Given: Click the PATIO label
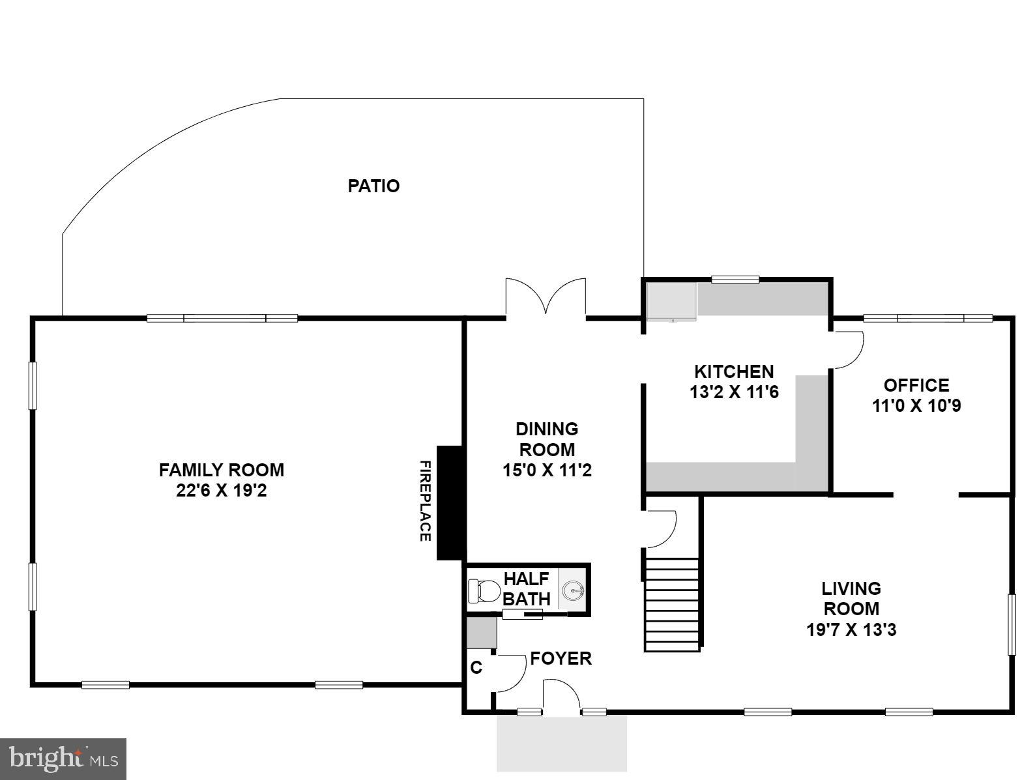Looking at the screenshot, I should pyautogui.click(x=373, y=186).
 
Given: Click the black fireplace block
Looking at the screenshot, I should pyautogui.click(x=450, y=502).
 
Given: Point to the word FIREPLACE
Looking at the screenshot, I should pyautogui.click(x=424, y=501).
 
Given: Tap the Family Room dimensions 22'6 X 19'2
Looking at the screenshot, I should pyautogui.click(x=222, y=491).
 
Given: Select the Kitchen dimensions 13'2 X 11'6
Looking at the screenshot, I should pyautogui.click(x=734, y=392).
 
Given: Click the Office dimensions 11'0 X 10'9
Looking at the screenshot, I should pyautogui.click(x=916, y=406).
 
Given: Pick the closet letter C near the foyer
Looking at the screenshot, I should pyautogui.click(x=476, y=668).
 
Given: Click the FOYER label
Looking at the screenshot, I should pyautogui.click(x=561, y=659).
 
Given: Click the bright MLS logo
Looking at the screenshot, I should pyautogui.click(x=63, y=759).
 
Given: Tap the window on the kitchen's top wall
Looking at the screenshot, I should pyautogui.click(x=735, y=280).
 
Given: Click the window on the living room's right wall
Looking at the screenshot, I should pyautogui.click(x=1012, y=624).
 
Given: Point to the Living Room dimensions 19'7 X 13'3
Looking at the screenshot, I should pyautogui.click(x=851, y=630).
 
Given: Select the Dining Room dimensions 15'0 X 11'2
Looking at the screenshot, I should pyautogui.click(x=547, y=470).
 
